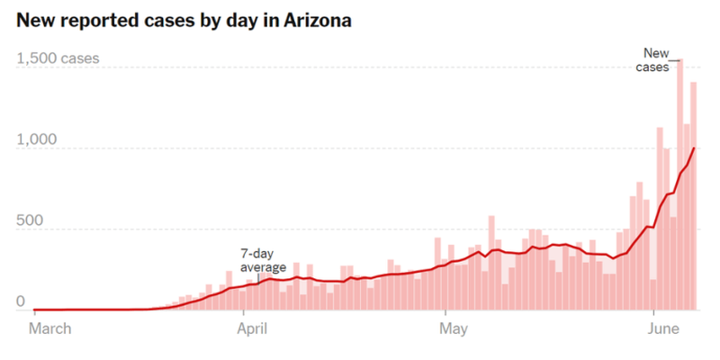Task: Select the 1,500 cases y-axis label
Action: click(58, 59)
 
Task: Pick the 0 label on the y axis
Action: click(22, 303)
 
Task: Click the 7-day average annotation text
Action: click(263, 260)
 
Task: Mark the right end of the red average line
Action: click(694, 148)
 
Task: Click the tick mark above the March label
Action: click(33, 316)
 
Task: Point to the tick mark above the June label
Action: click(652, 316)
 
